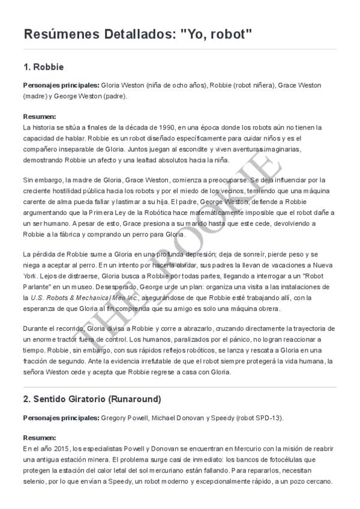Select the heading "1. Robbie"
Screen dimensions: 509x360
click(43, 66)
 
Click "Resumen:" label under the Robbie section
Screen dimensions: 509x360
click(39, 116)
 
